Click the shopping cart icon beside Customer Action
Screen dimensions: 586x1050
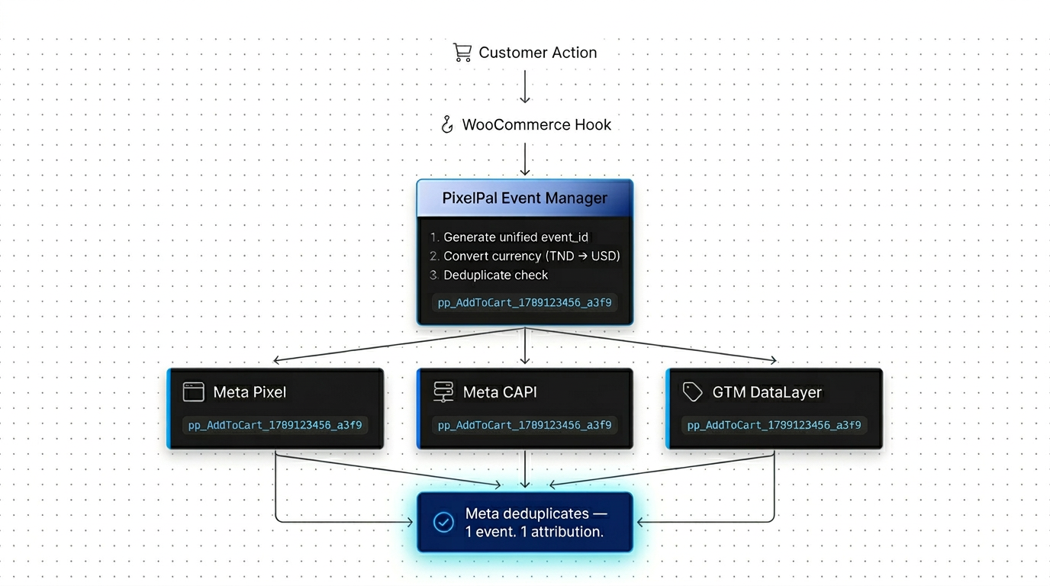[x=462, y=52]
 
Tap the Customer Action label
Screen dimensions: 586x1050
[x=537, y=53]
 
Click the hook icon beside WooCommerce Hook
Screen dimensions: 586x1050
[x=448, y=124]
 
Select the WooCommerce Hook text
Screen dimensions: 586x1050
[x=536, y=124]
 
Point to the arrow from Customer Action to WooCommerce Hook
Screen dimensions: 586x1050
[x=525, y=86]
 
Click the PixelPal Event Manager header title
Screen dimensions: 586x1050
[x=525, y=198]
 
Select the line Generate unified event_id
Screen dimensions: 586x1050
[x=516, y=237]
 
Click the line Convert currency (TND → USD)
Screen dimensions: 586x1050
[x=531, y=256]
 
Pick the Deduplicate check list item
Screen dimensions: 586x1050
[x=495, y=275]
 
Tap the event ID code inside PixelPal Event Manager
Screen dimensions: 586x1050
[x=524, y=302]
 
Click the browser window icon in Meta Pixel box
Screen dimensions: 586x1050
[x=194, y=392]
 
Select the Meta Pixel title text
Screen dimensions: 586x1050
[x=250, y=392]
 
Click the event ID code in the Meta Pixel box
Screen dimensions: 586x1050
[x=275, y=425]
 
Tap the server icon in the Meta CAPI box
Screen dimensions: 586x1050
[x=443, y=392]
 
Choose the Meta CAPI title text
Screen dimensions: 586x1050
[x=500, y=392]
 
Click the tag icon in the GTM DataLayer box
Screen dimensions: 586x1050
[x=692, y=392]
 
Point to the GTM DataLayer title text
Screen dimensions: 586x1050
[x=767, y=392]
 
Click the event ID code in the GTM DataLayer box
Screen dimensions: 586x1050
[x=774, y=425]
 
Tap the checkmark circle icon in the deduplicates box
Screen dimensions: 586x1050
[x=443, y=522]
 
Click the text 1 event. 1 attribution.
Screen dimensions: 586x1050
[x=534, y=532]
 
